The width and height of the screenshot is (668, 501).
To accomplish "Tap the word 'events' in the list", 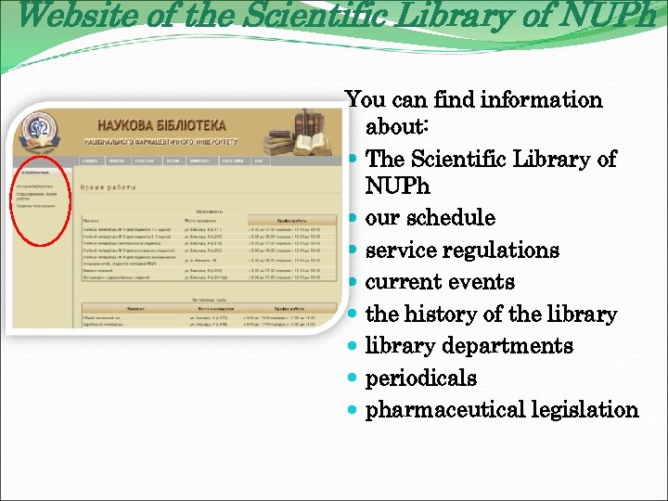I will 482,282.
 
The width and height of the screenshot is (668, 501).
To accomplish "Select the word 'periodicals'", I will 420,379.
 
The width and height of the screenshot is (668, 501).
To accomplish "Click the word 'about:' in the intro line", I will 396,126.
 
